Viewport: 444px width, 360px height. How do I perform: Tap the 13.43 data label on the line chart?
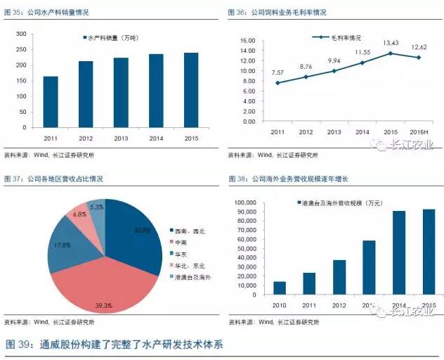(x=390, y=44)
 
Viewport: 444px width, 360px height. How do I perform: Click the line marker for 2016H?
(x=419, y=58)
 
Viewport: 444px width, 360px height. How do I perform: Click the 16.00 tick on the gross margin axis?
(x=247, y=40)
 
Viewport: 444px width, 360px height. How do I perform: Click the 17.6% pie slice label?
(x=62, y=245)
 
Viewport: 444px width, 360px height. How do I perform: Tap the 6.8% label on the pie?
(x=79, y=214)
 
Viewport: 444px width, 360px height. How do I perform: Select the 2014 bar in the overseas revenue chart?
(x=398, y=252)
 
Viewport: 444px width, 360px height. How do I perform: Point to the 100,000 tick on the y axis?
(x=242, y=202)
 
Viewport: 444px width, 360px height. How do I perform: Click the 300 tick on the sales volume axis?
(x=21, y=34)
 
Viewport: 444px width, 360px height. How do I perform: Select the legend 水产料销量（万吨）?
(x=115, y=37)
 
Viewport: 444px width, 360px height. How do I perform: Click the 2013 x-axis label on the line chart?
(x=334, y=132)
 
